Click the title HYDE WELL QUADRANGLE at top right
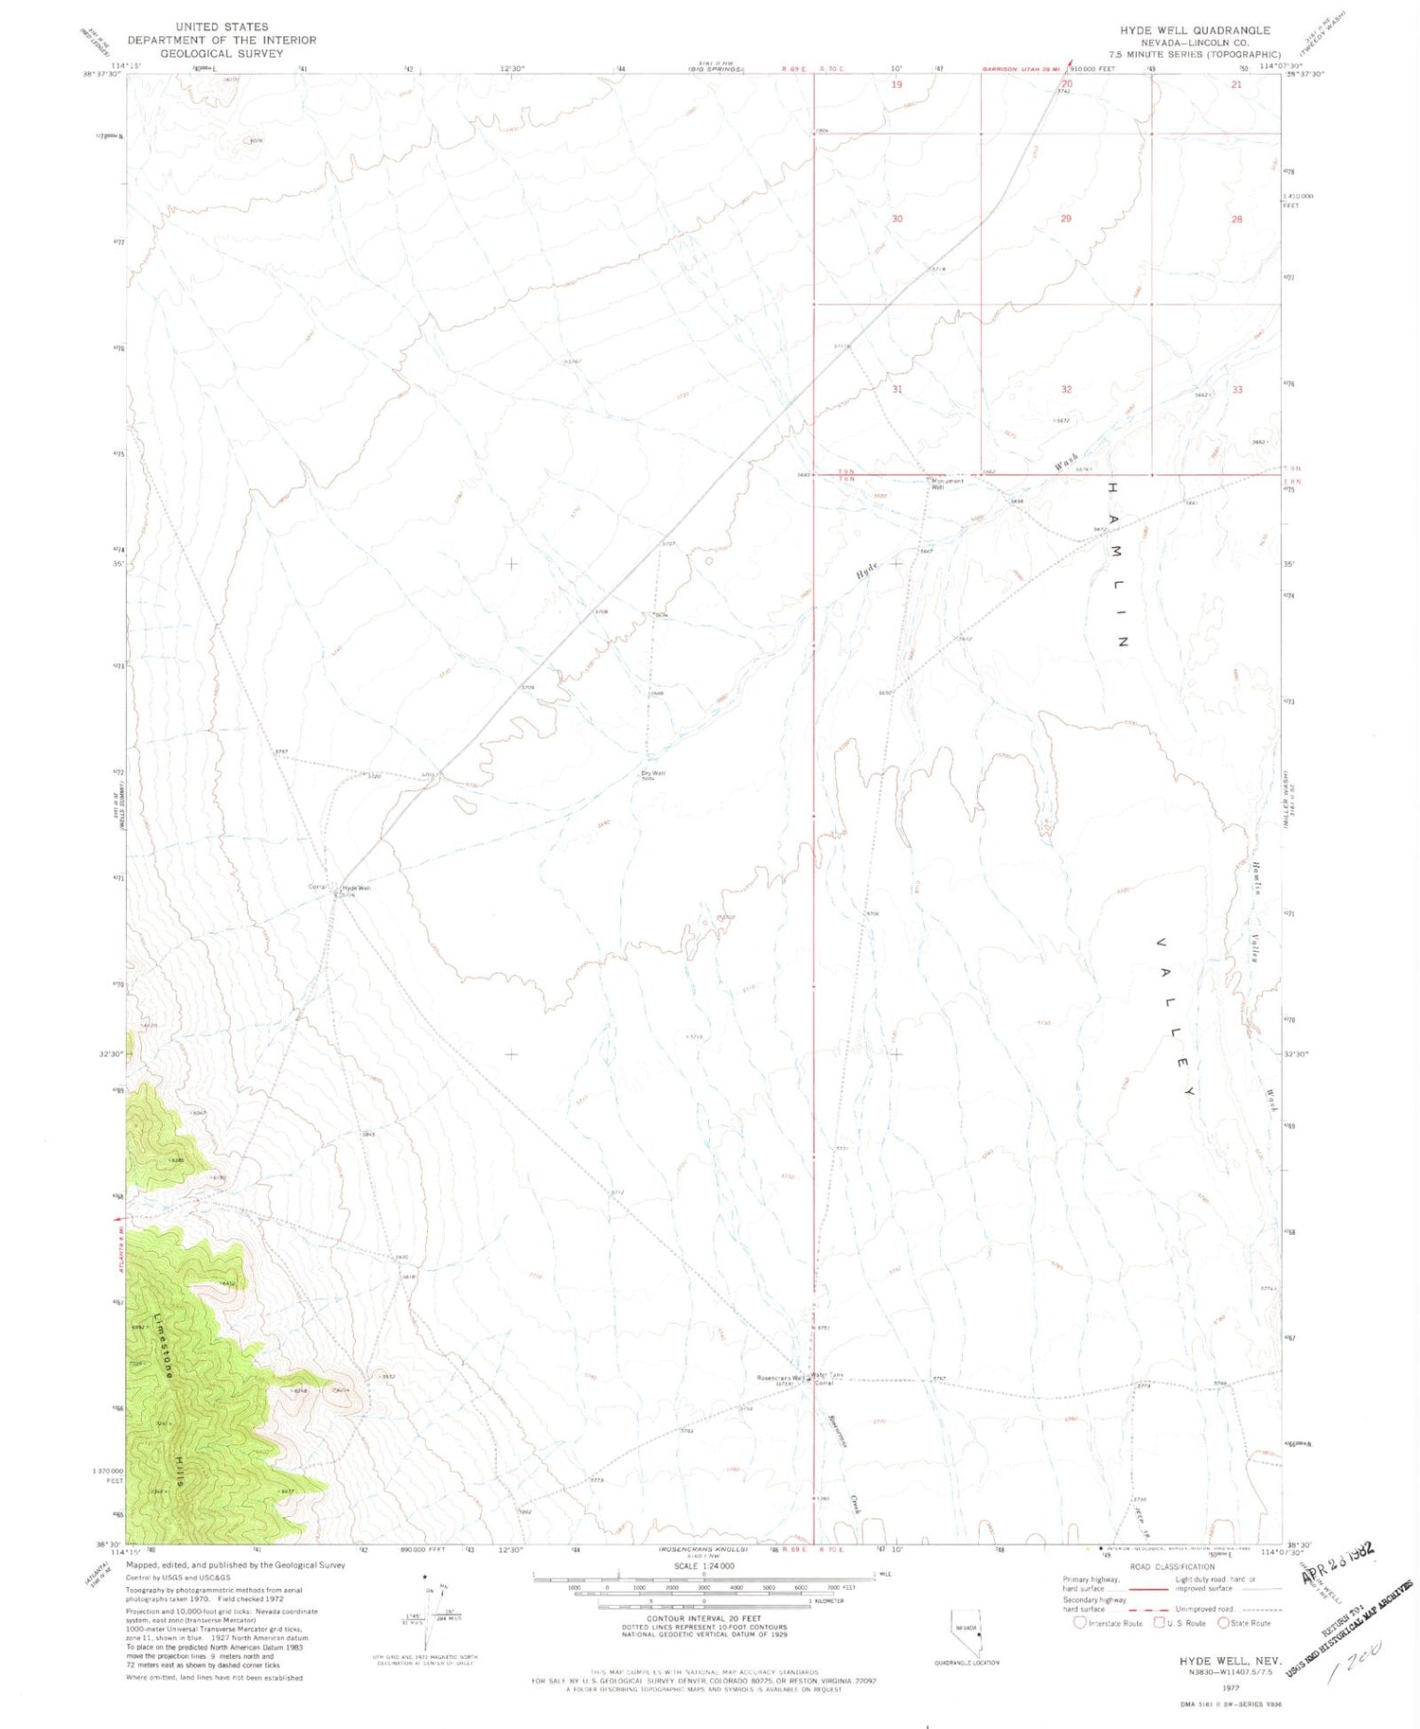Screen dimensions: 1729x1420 click(x=1195, y=30)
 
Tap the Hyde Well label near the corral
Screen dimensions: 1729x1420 click(x=356, y=888)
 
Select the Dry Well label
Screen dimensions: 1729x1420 click(x=653, y=773)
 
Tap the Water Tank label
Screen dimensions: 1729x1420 click(x=826, y=1375)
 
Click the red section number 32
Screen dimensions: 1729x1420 click(x=1066, y=389)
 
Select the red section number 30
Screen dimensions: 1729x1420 click(x=896, y=219)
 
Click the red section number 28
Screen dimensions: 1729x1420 click(x=1236, y=220)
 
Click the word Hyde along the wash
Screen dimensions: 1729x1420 click(x=867, y=571)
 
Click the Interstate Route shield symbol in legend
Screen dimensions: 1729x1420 click(x=1079, y=1623)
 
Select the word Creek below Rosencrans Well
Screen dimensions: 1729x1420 click(x=853, y=1505)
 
